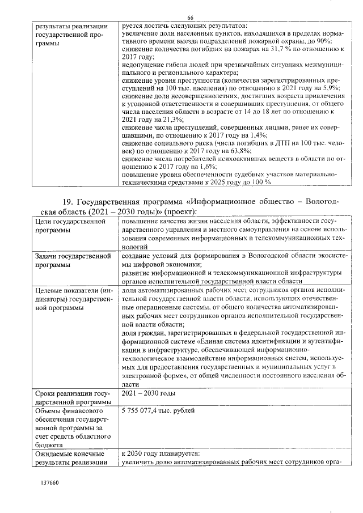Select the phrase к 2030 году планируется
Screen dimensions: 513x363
161,455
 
